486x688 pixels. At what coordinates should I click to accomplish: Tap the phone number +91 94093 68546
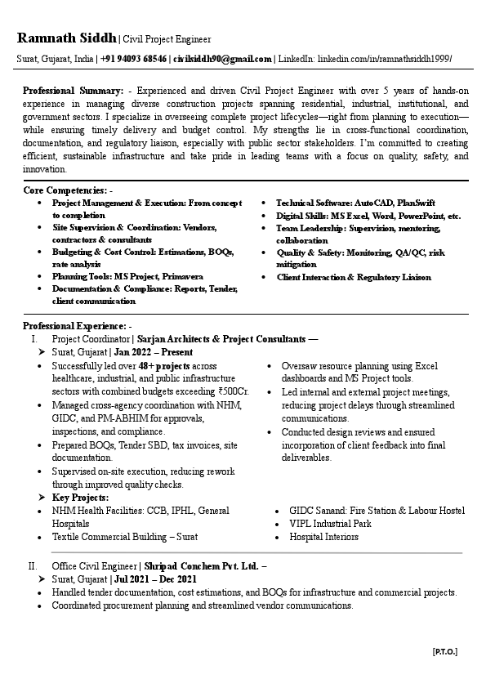coord(135,60)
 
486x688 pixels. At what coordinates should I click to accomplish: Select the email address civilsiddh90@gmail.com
coord(222,60)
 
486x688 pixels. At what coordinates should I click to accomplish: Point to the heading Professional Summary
coord(73,92)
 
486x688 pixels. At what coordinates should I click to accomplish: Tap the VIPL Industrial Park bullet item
coord(330,524)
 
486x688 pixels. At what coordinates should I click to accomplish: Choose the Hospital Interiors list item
coord(323,537)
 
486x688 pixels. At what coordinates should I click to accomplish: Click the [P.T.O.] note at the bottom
coord(444,651)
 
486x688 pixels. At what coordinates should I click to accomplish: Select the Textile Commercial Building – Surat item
coord(124,537)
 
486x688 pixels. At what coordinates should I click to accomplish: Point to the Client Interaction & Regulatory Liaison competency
coord(354,277)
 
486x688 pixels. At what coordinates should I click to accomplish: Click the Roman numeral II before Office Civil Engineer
coord(33,565)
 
